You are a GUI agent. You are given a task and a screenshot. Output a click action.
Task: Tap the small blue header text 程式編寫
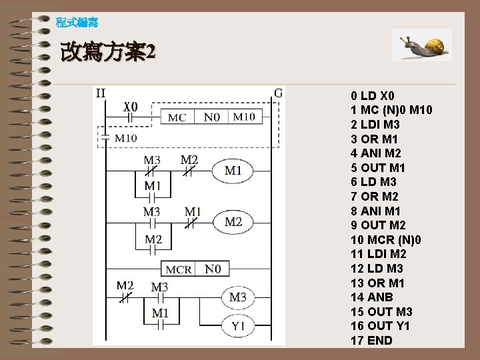tap(77, 23)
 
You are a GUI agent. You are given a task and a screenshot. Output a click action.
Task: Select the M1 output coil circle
tap(233, 171)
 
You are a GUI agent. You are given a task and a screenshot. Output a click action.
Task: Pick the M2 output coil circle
tap(233, 221)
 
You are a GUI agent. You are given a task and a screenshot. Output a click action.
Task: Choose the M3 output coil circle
tap(238, 297)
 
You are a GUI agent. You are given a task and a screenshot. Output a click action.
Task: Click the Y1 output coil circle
tap(238, 326)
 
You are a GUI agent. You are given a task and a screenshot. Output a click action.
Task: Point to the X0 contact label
tap(131, 106)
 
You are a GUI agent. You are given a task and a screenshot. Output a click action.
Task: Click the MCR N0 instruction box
tap(196, 269)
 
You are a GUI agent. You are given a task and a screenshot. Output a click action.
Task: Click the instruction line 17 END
tap(371, 341)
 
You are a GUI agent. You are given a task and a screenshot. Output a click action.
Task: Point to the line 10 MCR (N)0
tap(386, 239)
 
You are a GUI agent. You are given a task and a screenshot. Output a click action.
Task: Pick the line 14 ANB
tap(371, 297)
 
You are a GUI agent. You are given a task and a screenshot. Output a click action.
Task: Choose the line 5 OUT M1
tap(377, 168)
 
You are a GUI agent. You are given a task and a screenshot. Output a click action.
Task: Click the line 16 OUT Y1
tap(380, 326)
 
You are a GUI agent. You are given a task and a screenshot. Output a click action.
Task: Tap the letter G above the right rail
tap(278, 93)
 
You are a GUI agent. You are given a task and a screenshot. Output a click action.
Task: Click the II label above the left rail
tap(100, 93)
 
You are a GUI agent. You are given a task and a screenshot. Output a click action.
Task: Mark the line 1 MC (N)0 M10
tap(391, 110)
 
